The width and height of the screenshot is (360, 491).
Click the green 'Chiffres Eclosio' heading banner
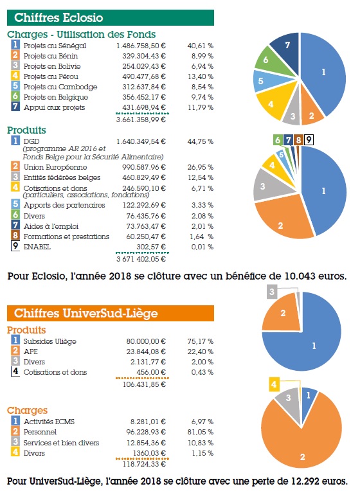point(111,17)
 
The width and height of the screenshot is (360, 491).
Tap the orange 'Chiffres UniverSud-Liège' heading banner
point(111,313)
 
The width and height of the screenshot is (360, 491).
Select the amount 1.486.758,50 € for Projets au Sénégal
point(141,46)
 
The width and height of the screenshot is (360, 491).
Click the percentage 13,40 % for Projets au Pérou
point(201,76)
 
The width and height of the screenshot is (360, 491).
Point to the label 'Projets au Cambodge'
point(60,87)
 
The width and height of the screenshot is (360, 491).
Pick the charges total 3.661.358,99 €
point(141,120)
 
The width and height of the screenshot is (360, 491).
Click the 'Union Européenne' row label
point(55,167)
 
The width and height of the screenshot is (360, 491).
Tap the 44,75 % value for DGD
point(201,141)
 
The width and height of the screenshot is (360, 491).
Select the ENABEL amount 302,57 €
point(151,247)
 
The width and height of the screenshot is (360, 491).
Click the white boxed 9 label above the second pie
point(309,139)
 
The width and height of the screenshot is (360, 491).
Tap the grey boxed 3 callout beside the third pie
point(272,292)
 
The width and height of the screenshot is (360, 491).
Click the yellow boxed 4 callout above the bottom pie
point(274,384)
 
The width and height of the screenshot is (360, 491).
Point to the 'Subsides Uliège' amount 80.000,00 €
point(146,341)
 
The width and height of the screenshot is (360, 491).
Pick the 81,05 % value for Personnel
point(201,432)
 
